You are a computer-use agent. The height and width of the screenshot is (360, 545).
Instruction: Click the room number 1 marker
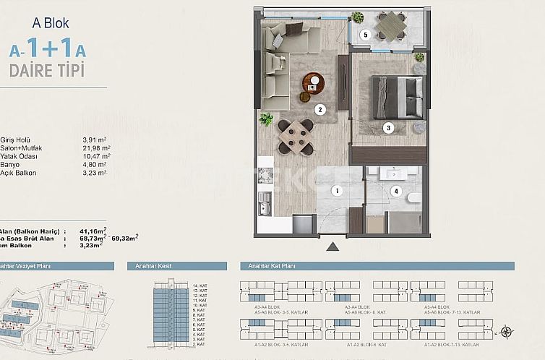pyautogui.click(x=336, y=191)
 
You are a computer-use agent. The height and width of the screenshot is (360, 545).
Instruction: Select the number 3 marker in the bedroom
pyautogui.click(x=388, y=128)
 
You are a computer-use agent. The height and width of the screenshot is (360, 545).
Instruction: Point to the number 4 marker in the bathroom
pyautogui.click(x=395, y=191)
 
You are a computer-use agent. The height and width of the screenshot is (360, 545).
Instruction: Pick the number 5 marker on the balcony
pyautogui.click(x=366, y=35)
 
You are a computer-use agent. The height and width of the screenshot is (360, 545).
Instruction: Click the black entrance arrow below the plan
pyautogui.click(x=332, y=247)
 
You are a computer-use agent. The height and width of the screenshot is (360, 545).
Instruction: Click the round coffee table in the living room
pyautogui.click(x=312, y=83)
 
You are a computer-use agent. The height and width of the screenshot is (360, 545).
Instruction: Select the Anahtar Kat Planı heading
pyautogui.click(x=272, y=266)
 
